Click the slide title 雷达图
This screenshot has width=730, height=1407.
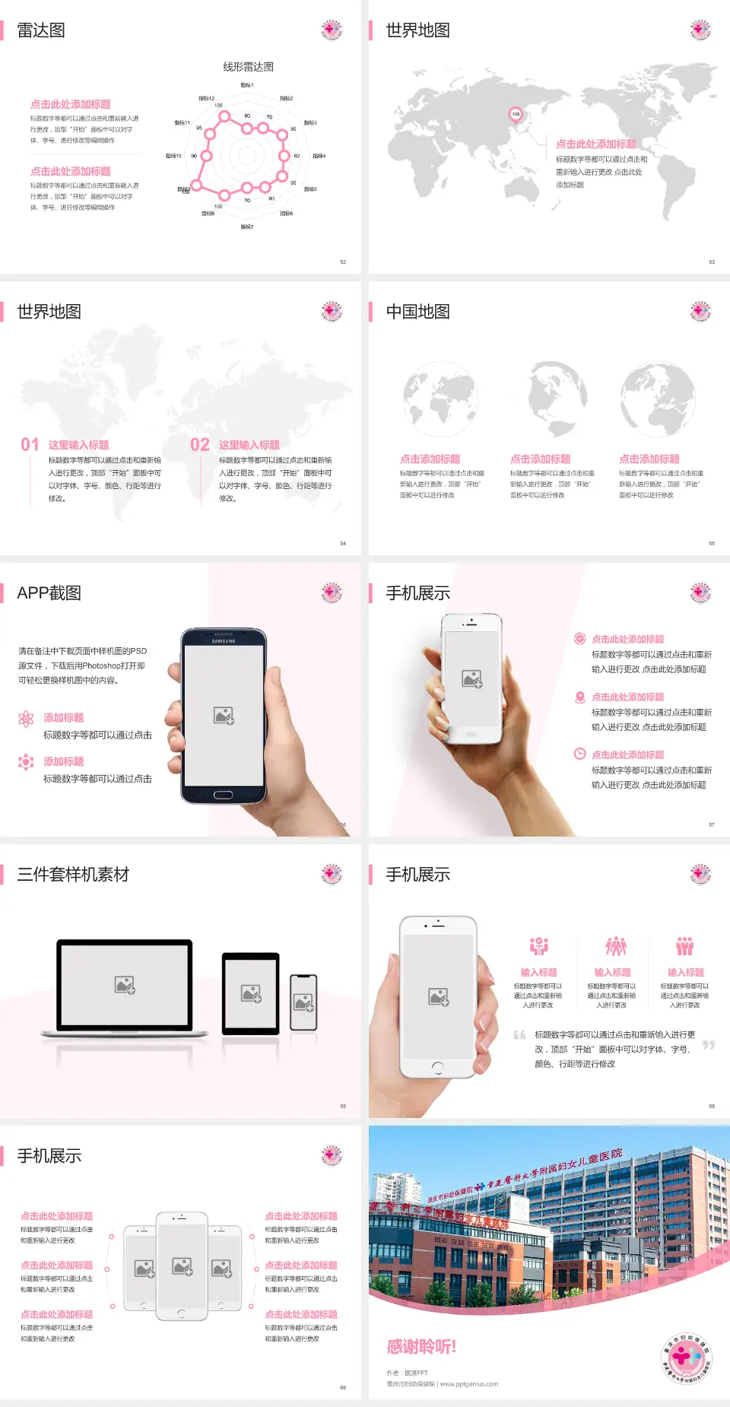pyautogui.click(x=41, y=30)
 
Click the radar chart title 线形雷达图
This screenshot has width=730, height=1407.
pyautogui.click(x=248, y=67)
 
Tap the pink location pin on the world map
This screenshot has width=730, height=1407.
pyautogui.click(x=516, y=115)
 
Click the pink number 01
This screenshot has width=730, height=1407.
pyautogui.click(x=30, y=445)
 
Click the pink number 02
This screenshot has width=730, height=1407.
pyautogui.click(x=200, y=445)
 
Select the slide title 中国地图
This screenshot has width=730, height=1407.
pyautogui.click(x=417, y=312)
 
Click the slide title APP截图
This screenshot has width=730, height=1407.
pyautogui.click(x=49, y=593)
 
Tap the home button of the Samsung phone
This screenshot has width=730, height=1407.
pyautogui.click(x=223, y=795)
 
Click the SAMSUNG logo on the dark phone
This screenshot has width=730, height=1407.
pyautogui.click(x=224, y=641)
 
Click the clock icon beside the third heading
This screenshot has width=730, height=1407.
pyautogui.click(x=579, y=754)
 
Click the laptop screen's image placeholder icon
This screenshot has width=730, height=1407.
pyautogui.click(x=125, y=985)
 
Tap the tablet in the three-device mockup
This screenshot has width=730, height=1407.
pyautogui.click(x=251, y=993)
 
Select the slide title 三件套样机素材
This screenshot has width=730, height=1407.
pyautogui.click(x=73, y=875)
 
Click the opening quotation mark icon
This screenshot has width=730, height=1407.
pyautogui.click(x=519, y=1034)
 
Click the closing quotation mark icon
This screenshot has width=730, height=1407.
pyautogui.click(x=709, y=1045)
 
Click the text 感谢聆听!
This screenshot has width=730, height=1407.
pyautogui.click(x=421, y=1347)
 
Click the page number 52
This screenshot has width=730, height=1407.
pyautogui.click(x=343, y=262)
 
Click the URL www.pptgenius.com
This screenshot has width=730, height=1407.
pyautogui.click(x=469, y=1384)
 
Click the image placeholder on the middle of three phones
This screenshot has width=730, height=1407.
pyautogui.click(x=182, y=1266)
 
